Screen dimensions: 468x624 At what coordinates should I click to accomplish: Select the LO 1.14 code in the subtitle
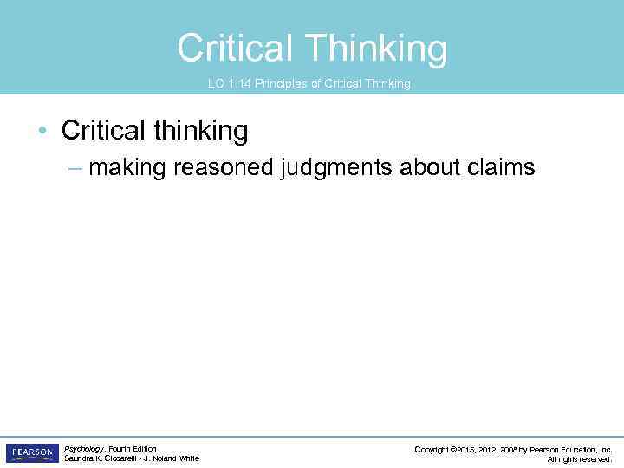click(229, 84)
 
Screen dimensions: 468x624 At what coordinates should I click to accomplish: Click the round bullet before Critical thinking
click(42, 132)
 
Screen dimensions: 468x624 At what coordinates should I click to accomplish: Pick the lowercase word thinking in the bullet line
click(202, 131)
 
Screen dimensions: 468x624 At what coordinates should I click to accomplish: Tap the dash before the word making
click(75, 167)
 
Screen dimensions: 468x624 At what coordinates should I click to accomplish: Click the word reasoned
click(224, 167)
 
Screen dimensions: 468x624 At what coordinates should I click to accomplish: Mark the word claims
click(503, 167)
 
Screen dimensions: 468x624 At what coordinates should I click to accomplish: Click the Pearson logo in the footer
click(32, 453)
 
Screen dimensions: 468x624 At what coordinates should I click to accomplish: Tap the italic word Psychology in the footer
click(84, 449)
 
